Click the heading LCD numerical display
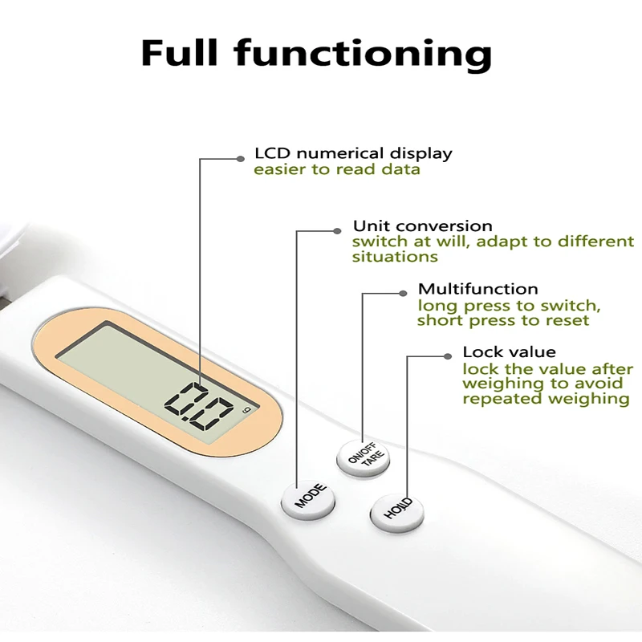pyautogui.click(x=353, y=153)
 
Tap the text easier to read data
pyautogui.click(x=337, y=169)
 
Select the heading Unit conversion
pyautogui.click(x=422, y=226)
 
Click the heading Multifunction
pyautogui.click(x=477, y=288)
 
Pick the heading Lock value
pyautogui.click(x=509, y=352)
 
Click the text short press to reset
pyautogui.click(x=503, y=320)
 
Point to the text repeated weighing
pyautogui.click(x=545, y=399)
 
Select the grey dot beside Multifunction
pyautogui.click(x=403, y=294)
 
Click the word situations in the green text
pyautogui.click(x=395, y=257)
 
